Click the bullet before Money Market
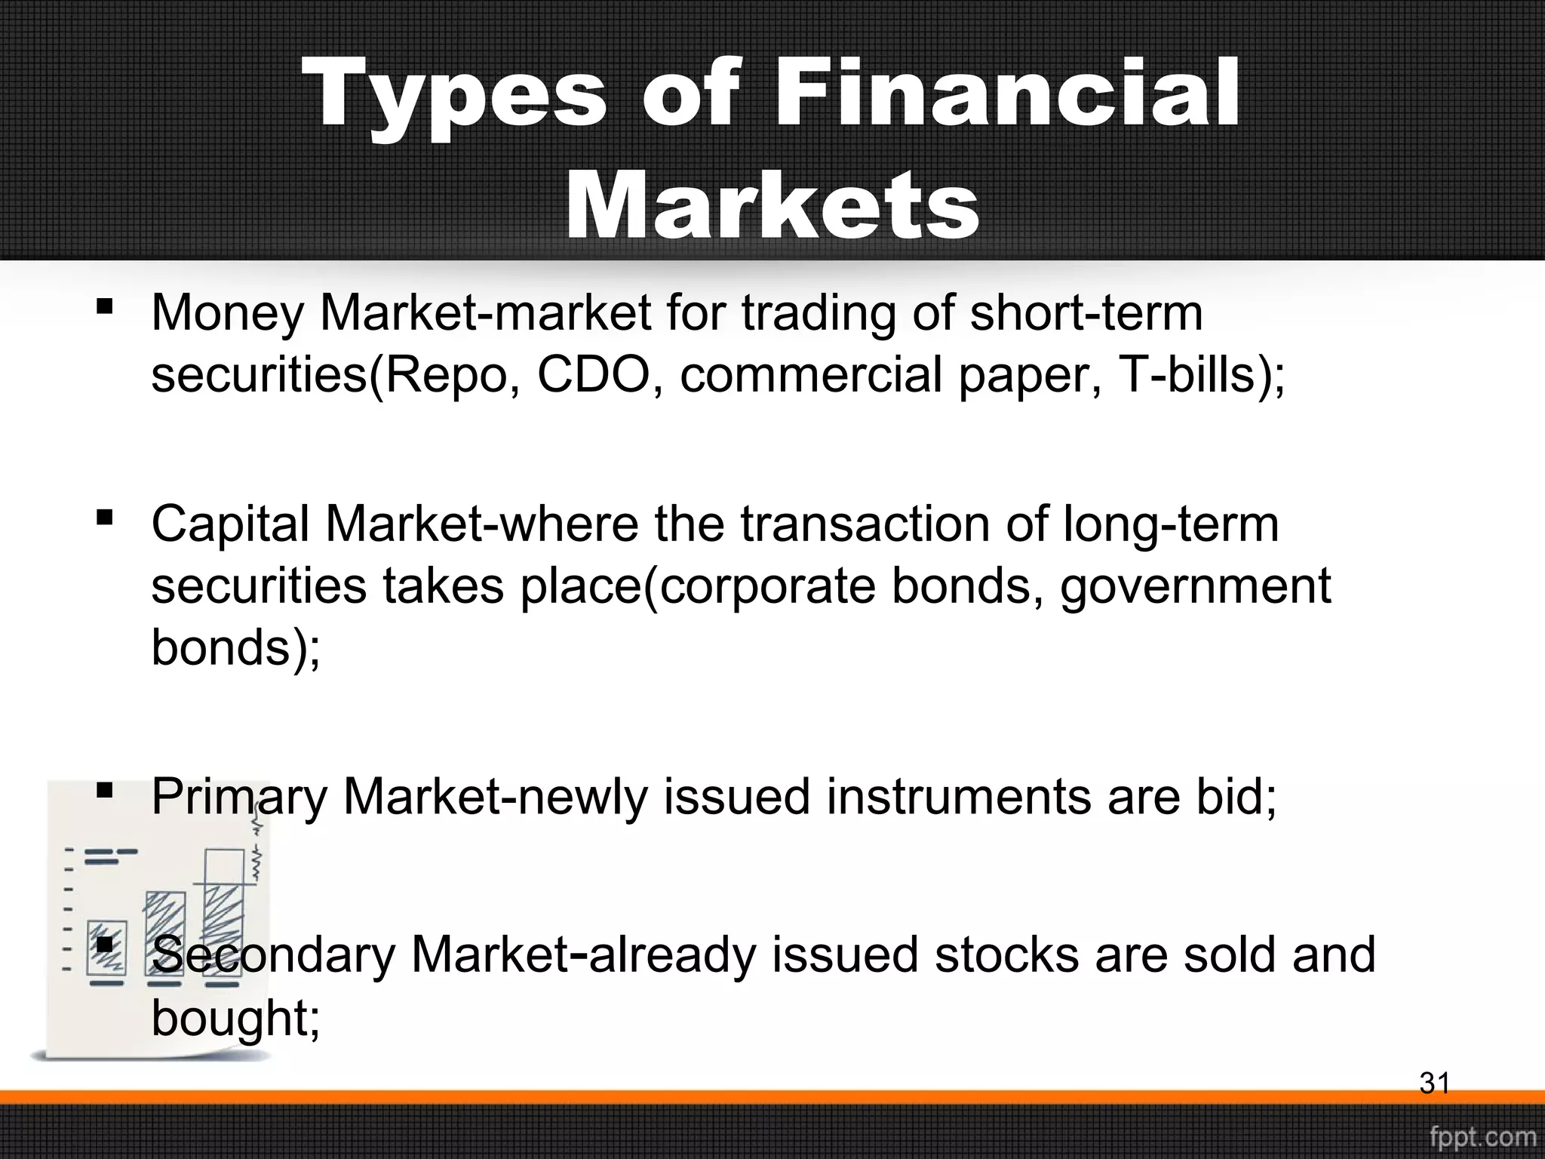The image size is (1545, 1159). tap(105, 307)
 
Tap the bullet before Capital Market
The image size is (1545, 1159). tap(105, 518)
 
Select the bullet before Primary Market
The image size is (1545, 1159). tap(105, 790)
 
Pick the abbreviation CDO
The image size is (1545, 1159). tap(592, 375)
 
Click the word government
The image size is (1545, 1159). tap(1196, 587)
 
